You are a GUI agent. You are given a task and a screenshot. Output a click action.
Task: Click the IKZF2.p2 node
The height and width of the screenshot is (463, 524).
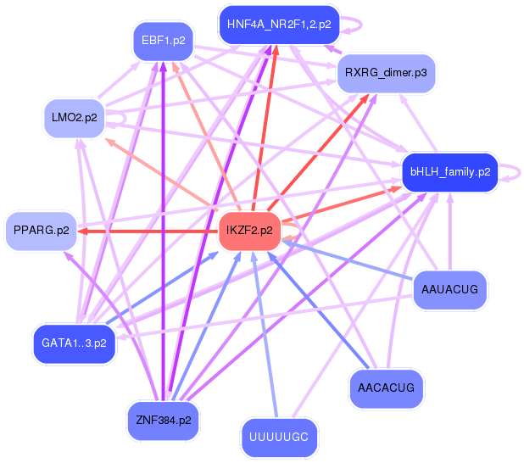pyautogui.click(x=249, y=231)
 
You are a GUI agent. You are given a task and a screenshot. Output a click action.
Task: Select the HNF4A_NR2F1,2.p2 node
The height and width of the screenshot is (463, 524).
pyautogui.click(x=278, y=25)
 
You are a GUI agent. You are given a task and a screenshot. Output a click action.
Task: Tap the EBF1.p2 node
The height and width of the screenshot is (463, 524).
pyautogui.click(x=164, y=42)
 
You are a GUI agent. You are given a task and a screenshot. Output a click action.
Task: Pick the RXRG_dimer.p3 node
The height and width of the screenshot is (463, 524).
pyautogui.click(x=386, y=74)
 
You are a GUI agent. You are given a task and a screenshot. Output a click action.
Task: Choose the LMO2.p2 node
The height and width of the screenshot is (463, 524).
pyautogui.click(x=71, y=118)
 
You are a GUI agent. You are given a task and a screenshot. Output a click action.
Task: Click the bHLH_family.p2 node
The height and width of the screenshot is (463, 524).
pyautogui.click(x=449, y=172)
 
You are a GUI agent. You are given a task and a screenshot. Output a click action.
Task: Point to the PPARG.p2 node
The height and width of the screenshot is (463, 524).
pyautogui.click(x=41, y=231)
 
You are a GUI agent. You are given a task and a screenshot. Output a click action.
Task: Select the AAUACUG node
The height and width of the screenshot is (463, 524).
pyautogui.click(x=449, y=291)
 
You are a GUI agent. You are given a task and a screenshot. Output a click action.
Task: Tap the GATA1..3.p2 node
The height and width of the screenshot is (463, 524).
pyautogui.click(x=73, y=343)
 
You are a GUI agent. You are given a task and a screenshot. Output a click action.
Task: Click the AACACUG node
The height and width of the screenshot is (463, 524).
pyautogui.click(x=386, y=388)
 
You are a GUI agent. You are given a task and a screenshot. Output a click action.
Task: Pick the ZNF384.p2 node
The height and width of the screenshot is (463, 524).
pyautogui.click(x=163, y=420)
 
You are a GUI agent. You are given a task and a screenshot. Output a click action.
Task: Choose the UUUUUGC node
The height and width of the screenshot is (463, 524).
pyautogui.click(x=279, y=438)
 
